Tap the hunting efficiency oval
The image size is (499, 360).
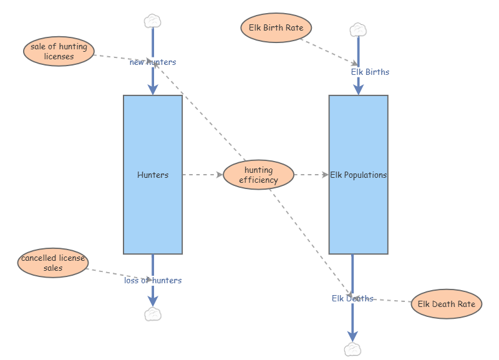click(258, 175)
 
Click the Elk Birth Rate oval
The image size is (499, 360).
click(276, 28)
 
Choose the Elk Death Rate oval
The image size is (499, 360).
click(446, 304)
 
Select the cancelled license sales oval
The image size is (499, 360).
click(52, 263)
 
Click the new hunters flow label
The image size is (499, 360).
click(153, 62)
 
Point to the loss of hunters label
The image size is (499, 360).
click(153, 281)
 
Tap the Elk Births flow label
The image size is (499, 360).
click(370, 72)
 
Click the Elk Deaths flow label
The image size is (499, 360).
click(352, 299)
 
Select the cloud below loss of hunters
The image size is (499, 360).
click(153, 314)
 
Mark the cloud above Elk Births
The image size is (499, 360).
click(358, 29)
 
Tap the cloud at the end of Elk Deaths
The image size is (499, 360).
click(352, 349)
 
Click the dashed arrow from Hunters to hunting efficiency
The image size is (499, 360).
click(202, 175)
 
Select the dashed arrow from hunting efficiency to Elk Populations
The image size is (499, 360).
click(311, 175)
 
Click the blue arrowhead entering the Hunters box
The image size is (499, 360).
click(153, 89)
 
